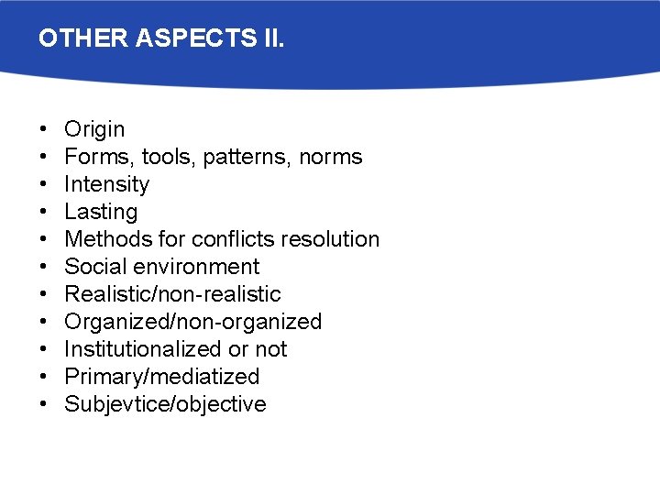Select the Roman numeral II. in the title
(270, 39)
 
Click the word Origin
(94, 130)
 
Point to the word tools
(169, 157)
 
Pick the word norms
(331, 157)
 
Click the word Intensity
(106, 184)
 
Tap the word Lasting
(101, 212)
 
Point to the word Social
(92, 267)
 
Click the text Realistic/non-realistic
(172, 294)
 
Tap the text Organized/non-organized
(192, 322)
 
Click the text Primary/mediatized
(161, 377)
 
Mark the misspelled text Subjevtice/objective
(165, 404)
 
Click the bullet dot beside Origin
(44, 130)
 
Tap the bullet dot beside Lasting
(44, 212)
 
